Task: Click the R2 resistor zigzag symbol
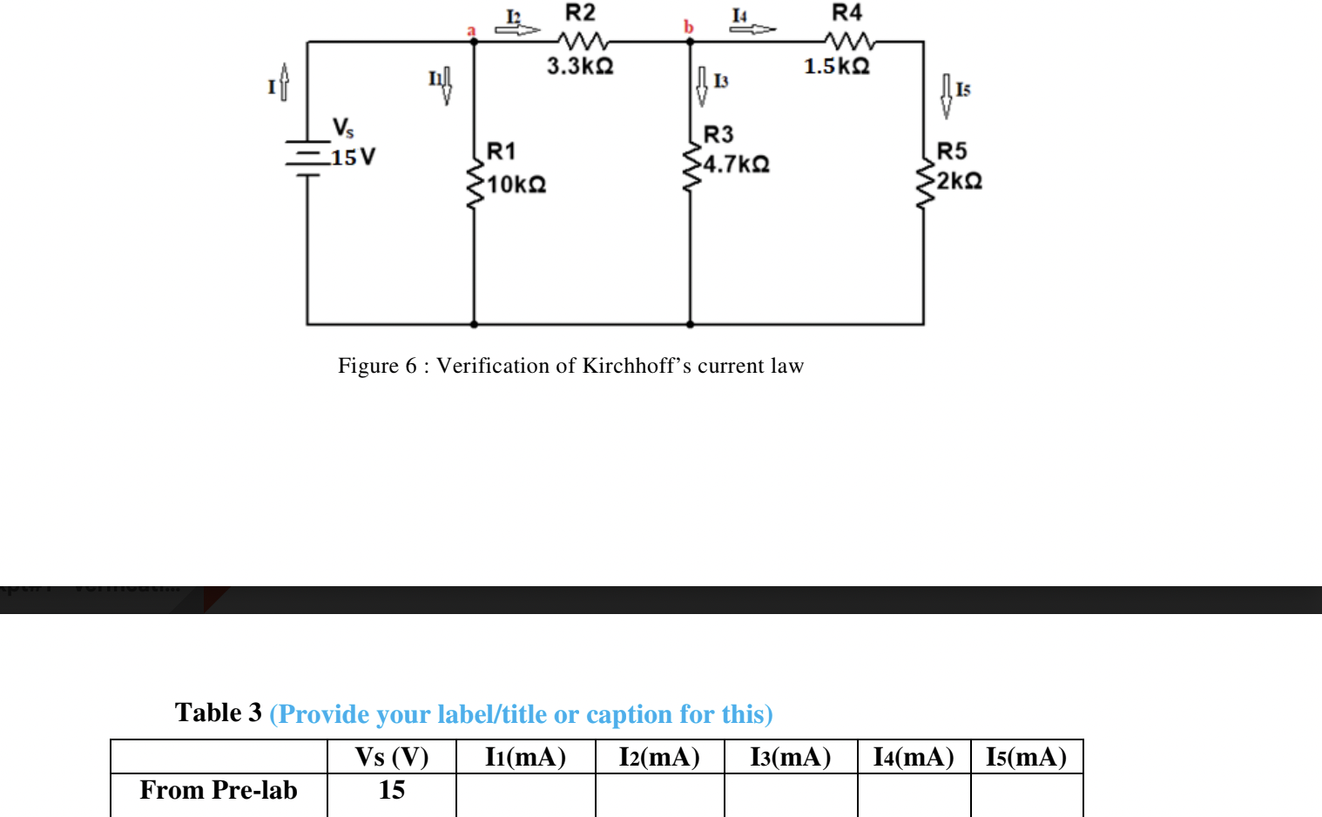tap(583, 41)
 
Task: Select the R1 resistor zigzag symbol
tap(475, 184)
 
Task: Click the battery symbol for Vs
tap(307, 158)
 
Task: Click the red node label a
tap(471, 31)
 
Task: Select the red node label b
tap(689, 27)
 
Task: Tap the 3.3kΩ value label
tap(580, 66)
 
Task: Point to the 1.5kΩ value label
tap(837, 66)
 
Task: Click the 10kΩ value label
tap(517, 185)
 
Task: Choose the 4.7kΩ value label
tap(737, 165)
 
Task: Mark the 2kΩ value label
tap(960, 181)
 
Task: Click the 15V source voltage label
tap(354, 158)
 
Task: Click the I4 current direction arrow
tap(752, 29)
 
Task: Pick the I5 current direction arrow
tap(946, 96)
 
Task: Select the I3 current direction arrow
tap(702, 86)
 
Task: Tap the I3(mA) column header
tap(791, 757)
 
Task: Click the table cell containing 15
tap(392, 790)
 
